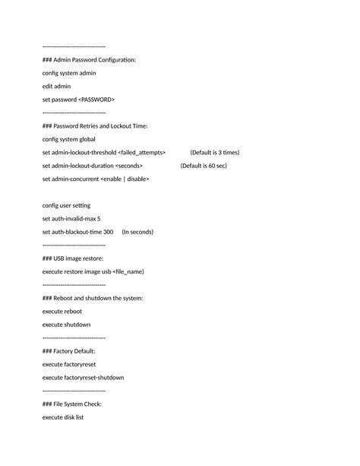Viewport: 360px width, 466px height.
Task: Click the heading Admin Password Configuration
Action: pos(89,59)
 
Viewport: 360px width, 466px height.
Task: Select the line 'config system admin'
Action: pos(69,73)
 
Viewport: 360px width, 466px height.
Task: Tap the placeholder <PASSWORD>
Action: pos(96,99)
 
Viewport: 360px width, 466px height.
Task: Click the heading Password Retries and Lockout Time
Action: pos(95,125)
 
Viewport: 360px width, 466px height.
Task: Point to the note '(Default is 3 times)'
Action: pos(214,152)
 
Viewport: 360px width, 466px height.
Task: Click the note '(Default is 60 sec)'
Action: pos(204,165)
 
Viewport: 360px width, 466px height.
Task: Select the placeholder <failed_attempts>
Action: pos(147,152)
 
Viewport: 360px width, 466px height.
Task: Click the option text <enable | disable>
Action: pos(125,179)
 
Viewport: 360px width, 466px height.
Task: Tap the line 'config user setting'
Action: pos(67,205)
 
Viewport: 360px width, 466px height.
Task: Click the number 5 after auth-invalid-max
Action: pos(99,218)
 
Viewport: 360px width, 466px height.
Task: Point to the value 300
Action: pos(108,232)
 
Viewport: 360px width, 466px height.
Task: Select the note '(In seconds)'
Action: pos(137,232)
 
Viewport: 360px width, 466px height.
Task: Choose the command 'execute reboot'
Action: pos(62,311)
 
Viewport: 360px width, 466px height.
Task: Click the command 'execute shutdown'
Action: pos(67,324)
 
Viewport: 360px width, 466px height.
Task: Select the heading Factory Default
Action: pos(69,350)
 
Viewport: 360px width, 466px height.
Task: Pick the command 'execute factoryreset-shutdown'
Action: pos(83,377)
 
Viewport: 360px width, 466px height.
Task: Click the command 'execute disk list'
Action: pos(63,417)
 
